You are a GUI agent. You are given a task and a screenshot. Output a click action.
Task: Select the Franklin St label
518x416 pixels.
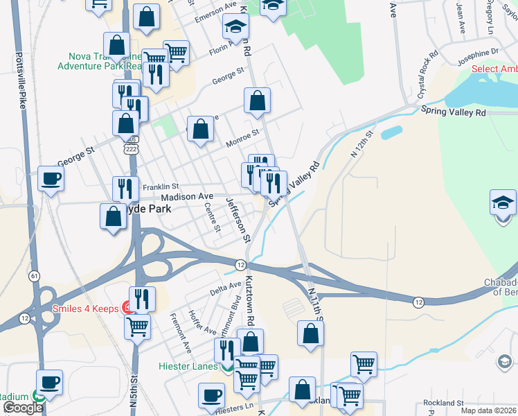point(161,187)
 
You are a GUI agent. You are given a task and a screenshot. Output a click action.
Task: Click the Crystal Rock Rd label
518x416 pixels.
point(427,64)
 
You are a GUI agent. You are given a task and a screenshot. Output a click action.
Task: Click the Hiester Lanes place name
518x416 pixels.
point(188,366)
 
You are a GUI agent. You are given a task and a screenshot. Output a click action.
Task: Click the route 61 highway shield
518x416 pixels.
point(34,276)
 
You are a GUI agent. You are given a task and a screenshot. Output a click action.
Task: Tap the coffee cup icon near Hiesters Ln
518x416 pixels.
point(212,396)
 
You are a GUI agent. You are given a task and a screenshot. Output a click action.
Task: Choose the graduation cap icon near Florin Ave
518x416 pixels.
point(235,27)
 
